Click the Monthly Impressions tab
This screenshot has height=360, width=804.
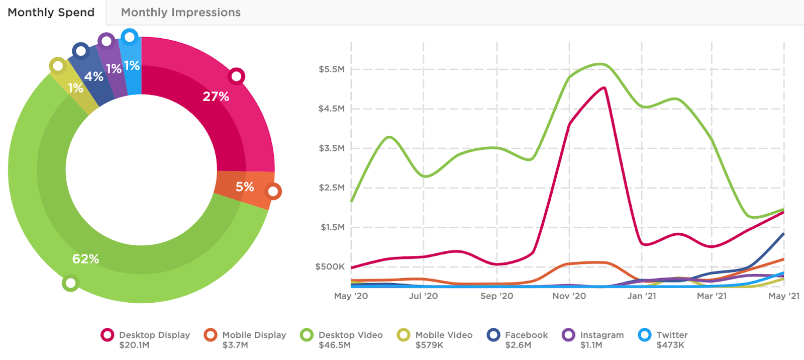pyautogui.click(x=180, y=13)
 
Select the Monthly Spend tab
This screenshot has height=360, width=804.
pyautogui.click(x=51, y=13)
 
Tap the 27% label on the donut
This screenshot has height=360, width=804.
pyautogui.click(x=216, y=97)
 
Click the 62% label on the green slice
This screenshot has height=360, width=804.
pyautogui.click(x=85, y=259)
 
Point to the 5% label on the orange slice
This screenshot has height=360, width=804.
pyautogui.click(x=245, y=187)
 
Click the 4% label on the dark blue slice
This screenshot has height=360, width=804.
pyautogui.click(x=93, y=76)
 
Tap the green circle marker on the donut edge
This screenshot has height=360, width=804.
pyautogui.click(x=70, y=283)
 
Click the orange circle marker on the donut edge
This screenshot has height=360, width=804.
pyautogui.click(x=273, y=192)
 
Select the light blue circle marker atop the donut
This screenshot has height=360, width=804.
pyautogui.click(x=130, y=37)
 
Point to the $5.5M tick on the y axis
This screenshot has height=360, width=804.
pyautogui.click(x=331, y=69)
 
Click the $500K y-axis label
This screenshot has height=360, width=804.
pyautogui.click(x=330, y=266)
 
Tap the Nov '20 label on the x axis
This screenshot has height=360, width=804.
pyautogui.click(x=569, y=296)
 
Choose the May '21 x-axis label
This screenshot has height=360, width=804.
pyautogui.click(x=783, y=296)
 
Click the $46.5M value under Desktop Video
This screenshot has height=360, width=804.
pyautogui.click(x=334, y=345)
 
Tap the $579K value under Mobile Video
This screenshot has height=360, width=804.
pyautogui.click(x=429, y=345)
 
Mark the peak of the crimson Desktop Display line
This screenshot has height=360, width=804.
pyautogui.click(x=604, y=88)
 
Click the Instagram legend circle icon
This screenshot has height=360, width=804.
pyautogui.click(x=568, y=335)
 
